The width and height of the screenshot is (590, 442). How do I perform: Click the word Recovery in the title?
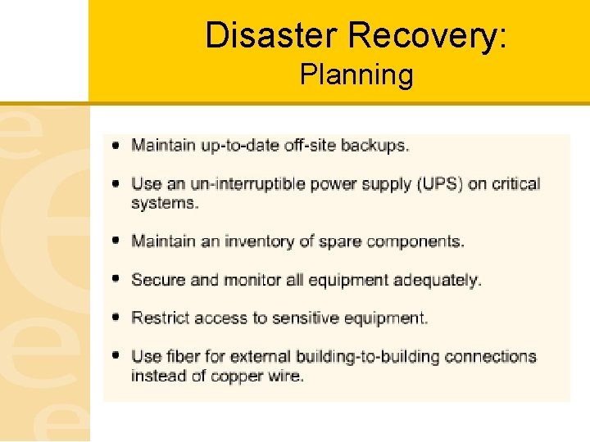(426, 35)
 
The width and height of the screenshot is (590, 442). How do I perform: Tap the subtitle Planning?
(356, 75)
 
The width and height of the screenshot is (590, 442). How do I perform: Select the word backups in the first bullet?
(374, 146)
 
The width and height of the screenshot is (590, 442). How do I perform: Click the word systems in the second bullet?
(164, 202)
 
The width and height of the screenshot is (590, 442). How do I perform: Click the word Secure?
(158, 280)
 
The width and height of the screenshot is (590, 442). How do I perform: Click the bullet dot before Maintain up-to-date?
(116, 145)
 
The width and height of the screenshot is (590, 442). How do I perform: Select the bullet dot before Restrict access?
(116, 317)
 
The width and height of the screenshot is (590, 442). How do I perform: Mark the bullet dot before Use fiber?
(116, 356)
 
